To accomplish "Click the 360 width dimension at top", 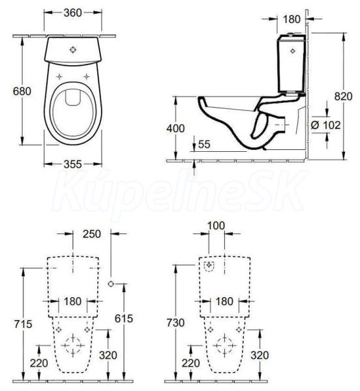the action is point(72,13).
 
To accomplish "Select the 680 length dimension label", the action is point(22,91).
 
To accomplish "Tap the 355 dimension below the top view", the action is point(72,164).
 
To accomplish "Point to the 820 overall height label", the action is point(343,96).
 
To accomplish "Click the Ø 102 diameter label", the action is point(325,125).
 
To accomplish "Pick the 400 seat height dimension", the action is point(175,128).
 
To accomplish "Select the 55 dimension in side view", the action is point(204,145).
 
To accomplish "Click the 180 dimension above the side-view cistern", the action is point(292,19).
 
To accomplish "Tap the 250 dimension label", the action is point(92,234).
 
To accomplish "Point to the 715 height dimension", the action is point(23,324).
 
